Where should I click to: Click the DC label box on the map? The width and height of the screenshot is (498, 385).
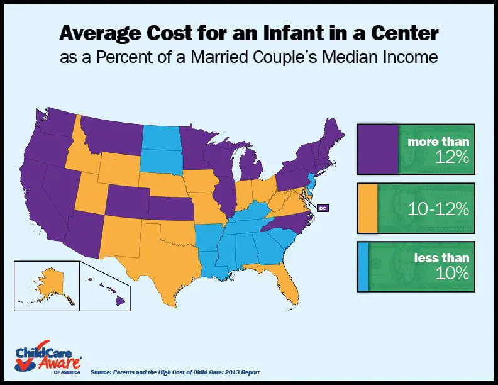click(322, 208)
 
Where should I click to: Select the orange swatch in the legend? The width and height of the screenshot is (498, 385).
click(367, 208)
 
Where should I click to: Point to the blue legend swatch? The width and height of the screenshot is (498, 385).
click(363, 267)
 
